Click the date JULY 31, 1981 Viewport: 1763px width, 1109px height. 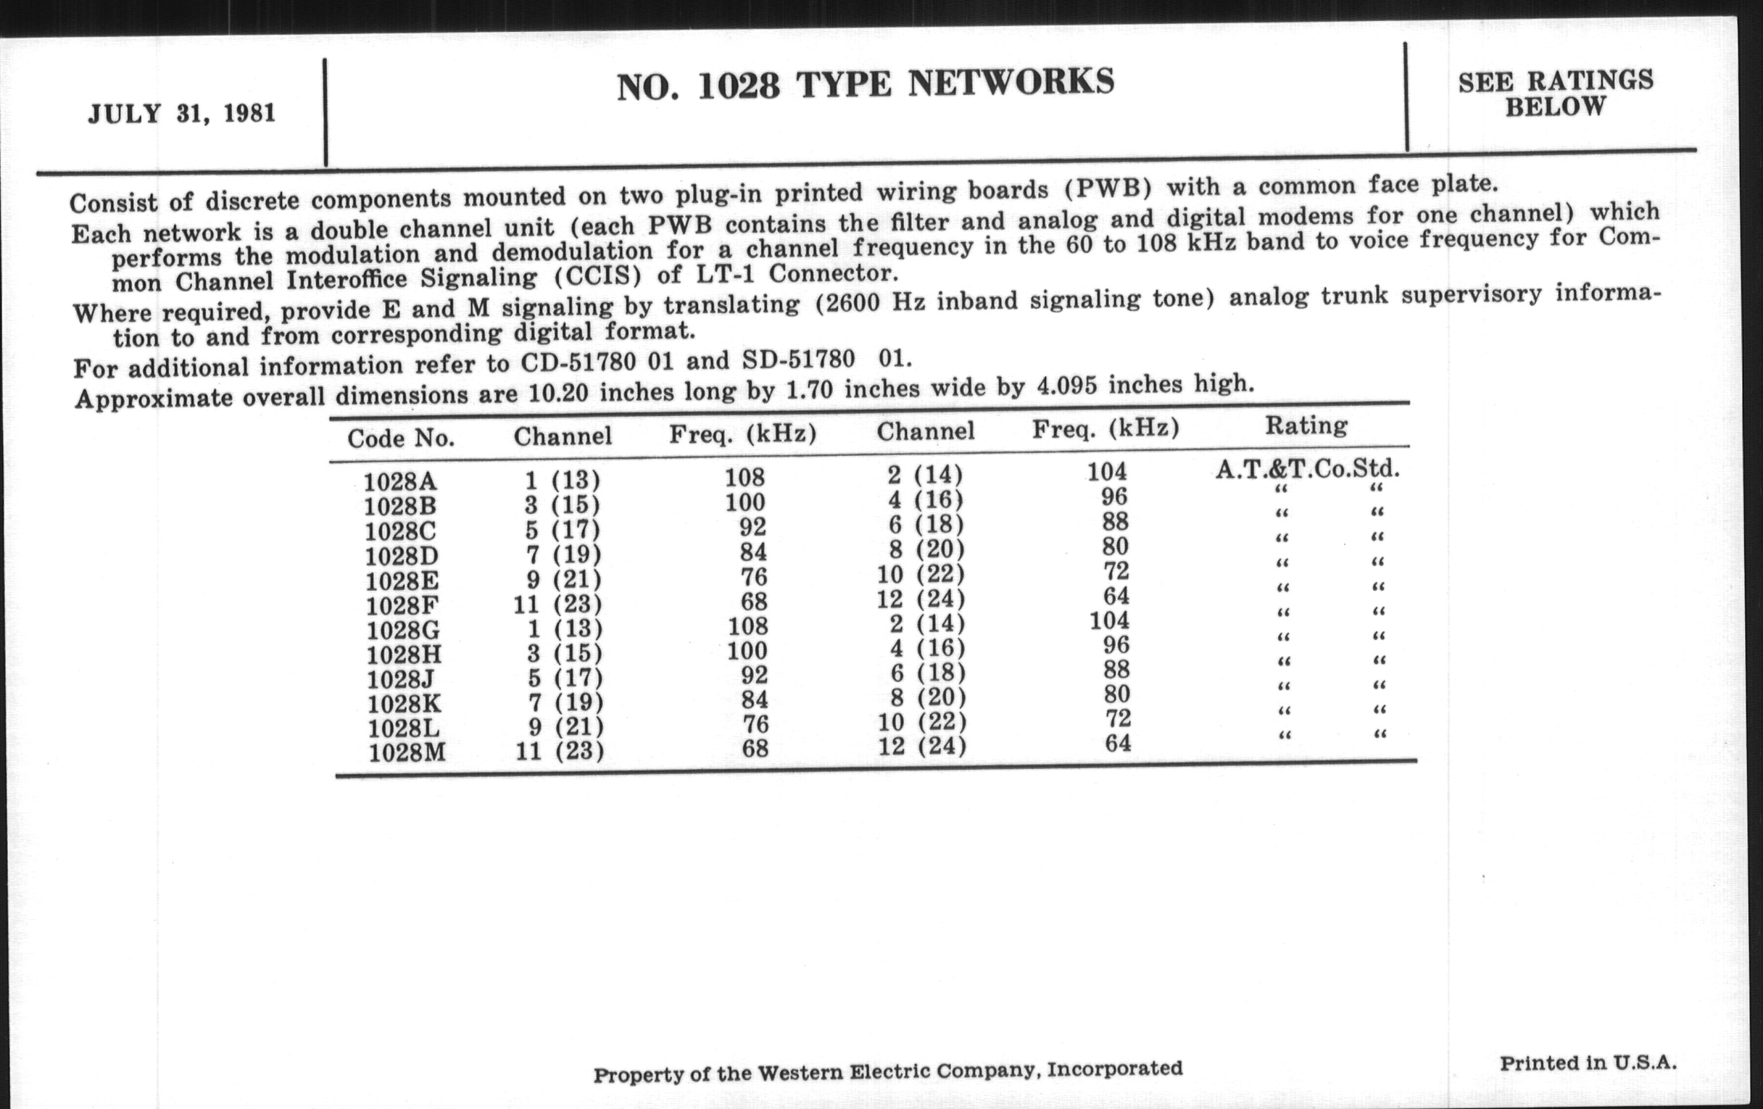point(181,114)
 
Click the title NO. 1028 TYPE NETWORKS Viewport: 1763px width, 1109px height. point(865,83)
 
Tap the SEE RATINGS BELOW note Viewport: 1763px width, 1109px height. point(1555,93)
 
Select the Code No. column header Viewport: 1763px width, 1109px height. point(400,438)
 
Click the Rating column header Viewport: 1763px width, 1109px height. point(1306,425)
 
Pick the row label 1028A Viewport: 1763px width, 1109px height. point(399,482)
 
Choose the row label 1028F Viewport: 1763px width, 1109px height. point(402,605)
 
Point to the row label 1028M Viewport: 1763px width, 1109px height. point(407,752)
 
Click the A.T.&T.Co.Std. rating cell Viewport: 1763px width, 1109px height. point(1307,468)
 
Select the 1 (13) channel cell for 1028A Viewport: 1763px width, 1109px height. point(563,480)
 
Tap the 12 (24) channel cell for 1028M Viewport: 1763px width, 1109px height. point(922,746)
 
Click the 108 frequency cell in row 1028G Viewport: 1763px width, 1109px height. point(747,626)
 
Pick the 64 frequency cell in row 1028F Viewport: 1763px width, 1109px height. point(1116,595)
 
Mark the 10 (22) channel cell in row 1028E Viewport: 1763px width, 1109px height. point(921,574)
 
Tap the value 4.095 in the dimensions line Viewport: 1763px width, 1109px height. point(1067,386)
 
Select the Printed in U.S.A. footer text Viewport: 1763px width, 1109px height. point(1588,1062)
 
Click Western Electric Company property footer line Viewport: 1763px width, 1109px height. point(887,1071)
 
